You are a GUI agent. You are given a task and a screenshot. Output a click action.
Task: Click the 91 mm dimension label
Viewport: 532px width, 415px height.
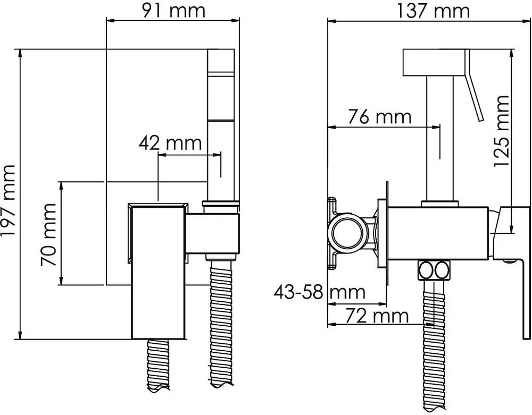pyautogui.click(x=173, y=10)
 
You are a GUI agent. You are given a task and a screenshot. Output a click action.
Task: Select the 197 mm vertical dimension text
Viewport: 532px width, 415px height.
pyautogui.click(x=9, y=201)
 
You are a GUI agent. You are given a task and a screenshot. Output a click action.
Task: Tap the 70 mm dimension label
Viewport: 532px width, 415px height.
pyautogui.click(x=48, y=234)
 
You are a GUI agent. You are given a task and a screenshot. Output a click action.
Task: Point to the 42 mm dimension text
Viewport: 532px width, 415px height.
pyautogui.click(x=170, y=143)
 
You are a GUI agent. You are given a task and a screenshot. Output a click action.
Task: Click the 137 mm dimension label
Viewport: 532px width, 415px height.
pyautogui.click(x=433, y=10)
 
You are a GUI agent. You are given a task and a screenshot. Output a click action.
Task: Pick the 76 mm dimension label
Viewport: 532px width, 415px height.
pyautogui.click(x=380, y=117)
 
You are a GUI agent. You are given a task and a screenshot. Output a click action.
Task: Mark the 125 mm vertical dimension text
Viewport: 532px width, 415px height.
pyautogui.click(x=502, y=131)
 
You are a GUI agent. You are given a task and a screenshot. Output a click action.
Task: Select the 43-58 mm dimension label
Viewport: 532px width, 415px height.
pyautogui.click(x=319, y=292)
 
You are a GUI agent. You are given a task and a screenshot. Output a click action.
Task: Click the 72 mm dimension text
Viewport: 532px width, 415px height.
pyautogui.click(x=377, y=316)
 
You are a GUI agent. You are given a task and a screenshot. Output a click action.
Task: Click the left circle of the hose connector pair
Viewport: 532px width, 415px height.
pyautogui.click(x=426, y=270)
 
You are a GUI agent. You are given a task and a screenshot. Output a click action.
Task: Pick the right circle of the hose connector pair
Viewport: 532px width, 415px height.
pyautogui.click(x=442, y=270)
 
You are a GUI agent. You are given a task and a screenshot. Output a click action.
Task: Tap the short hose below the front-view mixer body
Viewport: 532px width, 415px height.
pyautogui.click(x=158, y=366)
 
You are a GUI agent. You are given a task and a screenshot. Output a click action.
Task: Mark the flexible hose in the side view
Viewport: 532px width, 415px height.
pyautogui.click(x=433, y=345)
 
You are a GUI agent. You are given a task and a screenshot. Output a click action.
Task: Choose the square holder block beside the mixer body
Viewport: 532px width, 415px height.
pyautogui.click(x=212, y=234)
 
